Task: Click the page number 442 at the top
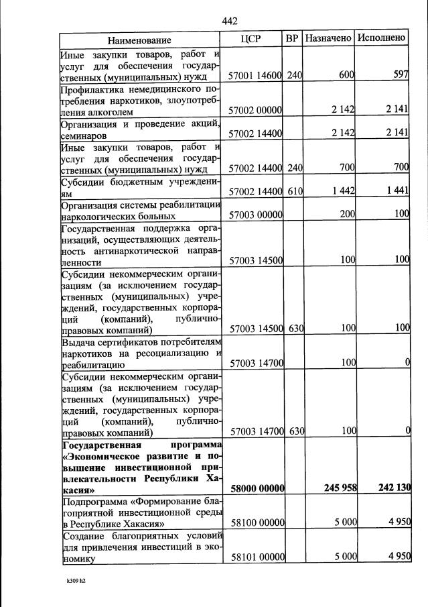point(230,21)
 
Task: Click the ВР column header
point(292,39)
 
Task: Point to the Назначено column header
point(328,39)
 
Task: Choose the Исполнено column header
point(381,38)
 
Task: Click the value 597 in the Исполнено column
point(401,74)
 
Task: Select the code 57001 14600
point(255,76)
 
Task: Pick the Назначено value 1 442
point(342,191)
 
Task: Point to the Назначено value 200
point(346,215)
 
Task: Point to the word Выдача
point(78,343)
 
